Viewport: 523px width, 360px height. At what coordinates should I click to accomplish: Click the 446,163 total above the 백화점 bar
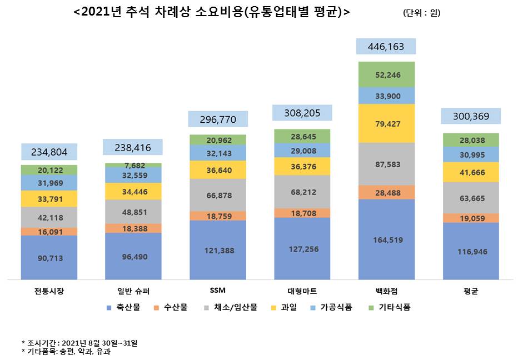coord(386,47)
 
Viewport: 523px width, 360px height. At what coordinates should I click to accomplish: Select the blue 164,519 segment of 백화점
coord(386,240)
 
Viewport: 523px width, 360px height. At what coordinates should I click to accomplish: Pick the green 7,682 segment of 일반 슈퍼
coord(133,166)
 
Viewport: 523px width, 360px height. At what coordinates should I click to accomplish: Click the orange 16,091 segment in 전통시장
coord(49,231)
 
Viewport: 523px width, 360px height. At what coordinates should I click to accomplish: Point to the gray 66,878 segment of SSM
coord(217,195)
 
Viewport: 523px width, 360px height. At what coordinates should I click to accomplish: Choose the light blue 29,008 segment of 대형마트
coord(302,151)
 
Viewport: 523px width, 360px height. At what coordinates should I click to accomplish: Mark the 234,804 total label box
coord(49,152)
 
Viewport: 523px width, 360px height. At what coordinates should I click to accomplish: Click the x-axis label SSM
coord(217,291)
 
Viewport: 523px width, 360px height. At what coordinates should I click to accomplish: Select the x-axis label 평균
coord(470,291)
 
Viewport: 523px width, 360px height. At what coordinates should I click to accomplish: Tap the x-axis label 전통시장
coord(49,291)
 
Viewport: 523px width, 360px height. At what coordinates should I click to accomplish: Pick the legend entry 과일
coord(290,307)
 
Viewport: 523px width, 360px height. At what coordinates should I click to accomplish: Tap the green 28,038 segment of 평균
coord(470,141)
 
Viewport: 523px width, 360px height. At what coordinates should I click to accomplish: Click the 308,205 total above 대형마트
coord(302,113)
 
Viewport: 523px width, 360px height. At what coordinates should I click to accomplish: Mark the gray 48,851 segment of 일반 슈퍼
coord(133,212)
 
